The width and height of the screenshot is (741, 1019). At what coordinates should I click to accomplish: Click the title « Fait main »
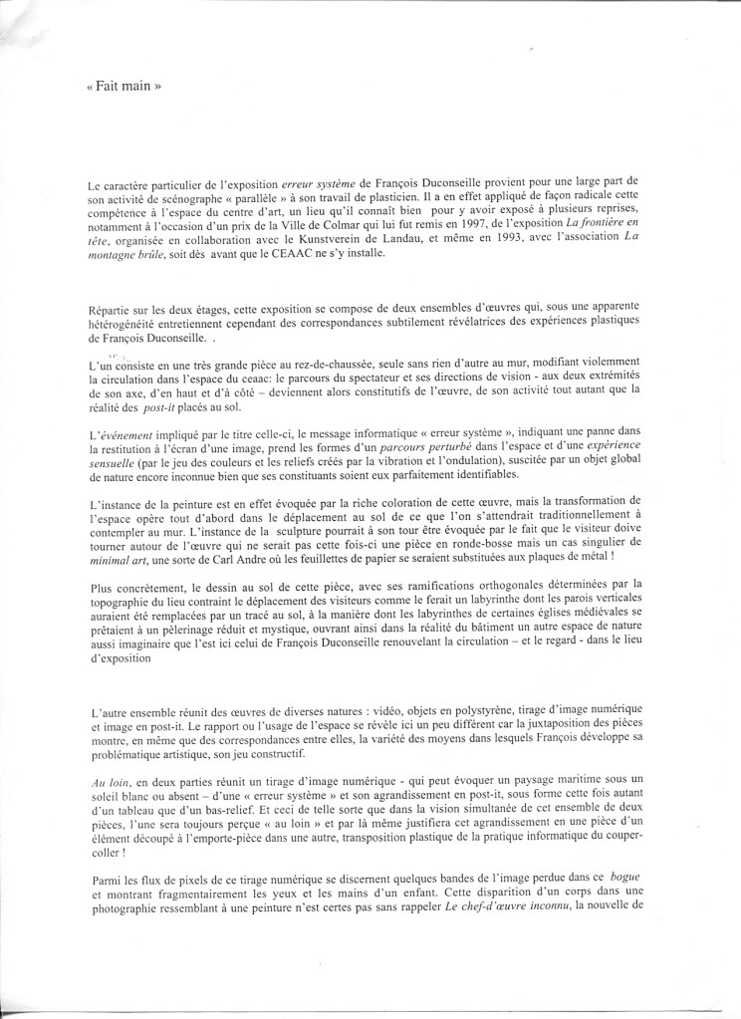coord(123,87)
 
